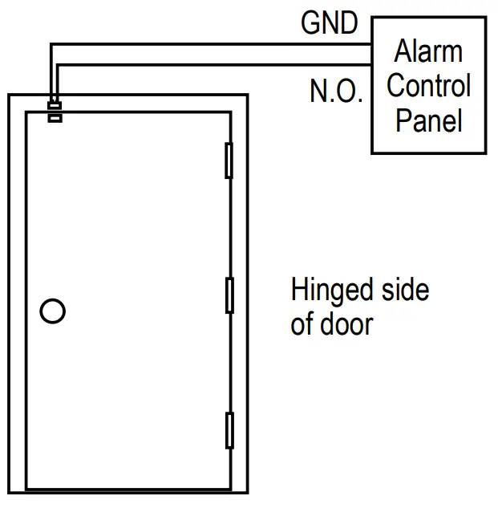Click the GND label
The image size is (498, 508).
pos(329,22)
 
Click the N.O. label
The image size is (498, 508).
pos(336,91)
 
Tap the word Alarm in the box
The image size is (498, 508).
pos(428,52)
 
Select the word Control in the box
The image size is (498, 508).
pos(428,86)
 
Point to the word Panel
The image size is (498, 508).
pos(428,120)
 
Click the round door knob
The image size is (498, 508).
pos(52,311)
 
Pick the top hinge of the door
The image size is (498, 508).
pos(229,160)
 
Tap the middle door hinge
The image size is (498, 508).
pos(229,295)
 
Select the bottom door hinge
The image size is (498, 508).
pos(229,429)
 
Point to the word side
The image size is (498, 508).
pos(404,290)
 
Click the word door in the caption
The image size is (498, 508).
pos(346,324)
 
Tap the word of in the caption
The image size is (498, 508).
pos(302,324)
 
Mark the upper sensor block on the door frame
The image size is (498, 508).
pos(55,105)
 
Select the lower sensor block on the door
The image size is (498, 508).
pos(55,118)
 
